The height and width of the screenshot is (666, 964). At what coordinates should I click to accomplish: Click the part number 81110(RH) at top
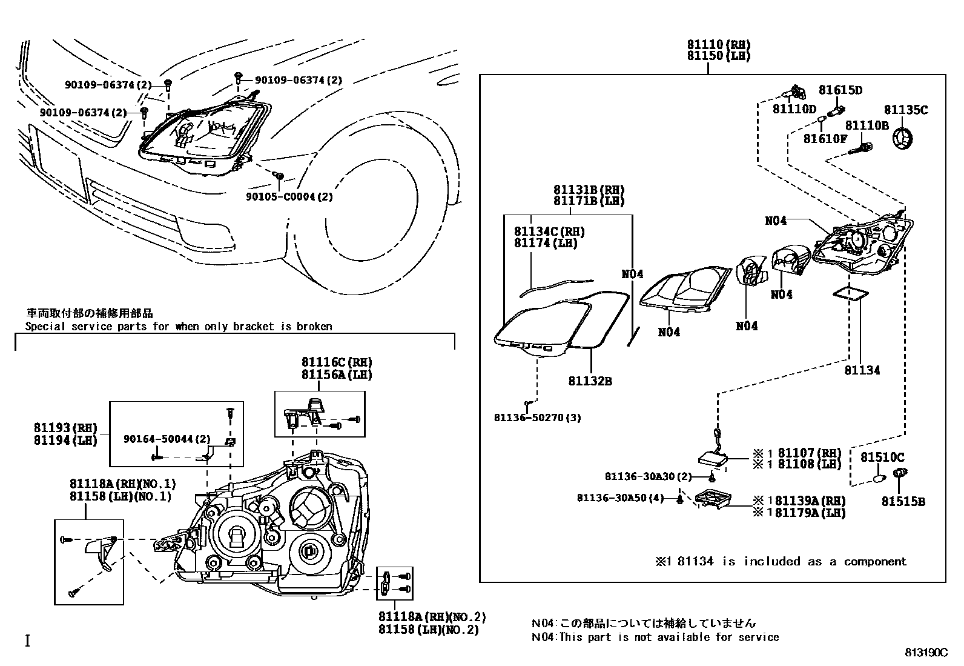pos(719,45)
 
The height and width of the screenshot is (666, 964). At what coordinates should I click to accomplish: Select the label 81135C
pos(905,110)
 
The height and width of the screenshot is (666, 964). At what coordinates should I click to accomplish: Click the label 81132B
pos(590,381)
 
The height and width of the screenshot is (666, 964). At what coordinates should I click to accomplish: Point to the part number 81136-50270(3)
pos(537,418)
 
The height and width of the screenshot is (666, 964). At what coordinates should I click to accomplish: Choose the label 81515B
pos(903,502)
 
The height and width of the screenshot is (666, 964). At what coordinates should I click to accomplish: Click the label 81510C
pos(882,457)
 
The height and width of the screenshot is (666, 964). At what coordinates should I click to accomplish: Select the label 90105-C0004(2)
pos(289,197)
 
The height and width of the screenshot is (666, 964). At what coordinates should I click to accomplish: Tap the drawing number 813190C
pos(926,653)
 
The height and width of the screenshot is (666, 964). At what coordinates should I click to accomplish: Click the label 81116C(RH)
pos(337,362)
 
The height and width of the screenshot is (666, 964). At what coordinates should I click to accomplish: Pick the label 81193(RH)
pos(65,428)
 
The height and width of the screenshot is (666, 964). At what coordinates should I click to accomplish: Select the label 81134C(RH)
pos(549,231)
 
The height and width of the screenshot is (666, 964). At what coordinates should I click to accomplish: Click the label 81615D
pos(840,90)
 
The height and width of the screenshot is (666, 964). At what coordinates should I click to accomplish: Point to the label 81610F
pos(825,139)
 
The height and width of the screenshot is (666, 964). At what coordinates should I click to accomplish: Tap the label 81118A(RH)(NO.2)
pos(432,617)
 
